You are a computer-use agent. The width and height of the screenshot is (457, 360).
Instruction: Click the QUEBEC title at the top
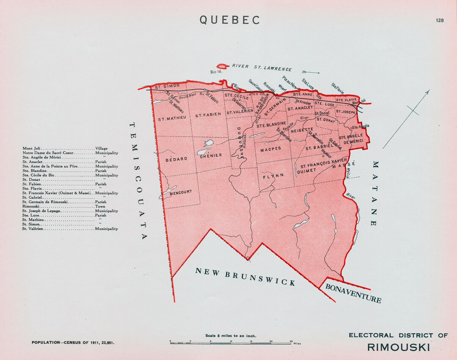tap(230, 20)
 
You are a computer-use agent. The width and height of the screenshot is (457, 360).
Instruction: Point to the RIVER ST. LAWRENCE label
tap(262, 68)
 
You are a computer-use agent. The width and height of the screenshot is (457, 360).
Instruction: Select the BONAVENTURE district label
tap(353, 293)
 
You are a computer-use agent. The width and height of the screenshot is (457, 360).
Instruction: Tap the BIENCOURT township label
tap(180, 192)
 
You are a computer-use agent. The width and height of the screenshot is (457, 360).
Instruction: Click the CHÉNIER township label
tap(211, 156)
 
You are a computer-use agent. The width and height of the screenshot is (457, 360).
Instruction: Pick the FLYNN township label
tap(273, 175)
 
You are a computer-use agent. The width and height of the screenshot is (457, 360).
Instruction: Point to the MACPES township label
tap(271, 149)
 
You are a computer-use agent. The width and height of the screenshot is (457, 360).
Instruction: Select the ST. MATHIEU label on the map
tap(172, 119)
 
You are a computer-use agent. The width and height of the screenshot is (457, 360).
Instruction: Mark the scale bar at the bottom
tap(231, 342)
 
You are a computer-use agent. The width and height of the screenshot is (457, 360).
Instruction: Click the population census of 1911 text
tap(73, 342)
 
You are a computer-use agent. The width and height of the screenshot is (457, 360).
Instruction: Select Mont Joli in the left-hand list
tap(32, 148)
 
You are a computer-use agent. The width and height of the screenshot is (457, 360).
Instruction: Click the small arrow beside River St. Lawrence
tap(311, 72)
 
